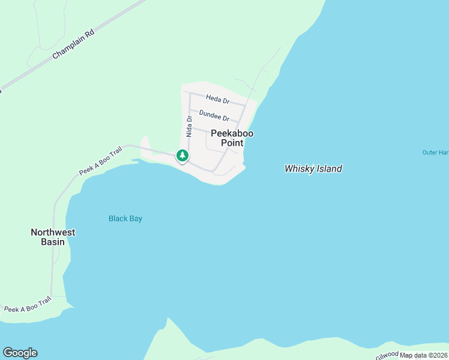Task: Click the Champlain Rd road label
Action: click(74, 44)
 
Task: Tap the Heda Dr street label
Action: click(217, 98)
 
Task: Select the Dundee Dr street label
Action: click(214, 115)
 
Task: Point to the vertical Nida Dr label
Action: click(188, 127)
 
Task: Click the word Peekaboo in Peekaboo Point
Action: click(232, 133)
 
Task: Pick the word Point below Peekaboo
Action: click(232, 143)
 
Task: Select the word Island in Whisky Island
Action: click(328, 169)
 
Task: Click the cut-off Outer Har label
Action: click(435, 152)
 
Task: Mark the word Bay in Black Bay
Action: click(136, 218)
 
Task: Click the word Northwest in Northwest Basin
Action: click(53, 232)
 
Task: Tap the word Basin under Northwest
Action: click(53, 242)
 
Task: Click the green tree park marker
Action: click(182, 155)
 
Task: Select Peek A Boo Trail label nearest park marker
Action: click(100, 161)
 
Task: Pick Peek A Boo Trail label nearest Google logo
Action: click(28, 305)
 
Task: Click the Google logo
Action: click(20, 353)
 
